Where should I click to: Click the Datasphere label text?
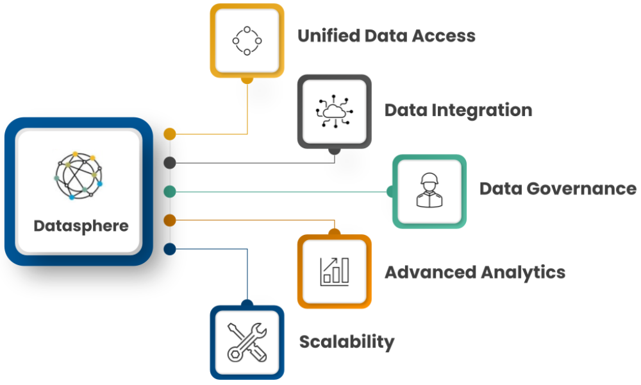coord(81,226)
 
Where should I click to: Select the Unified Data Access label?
coord(386,35)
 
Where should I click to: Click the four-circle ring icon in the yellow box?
coord(247,40)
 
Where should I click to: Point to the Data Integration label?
coord(458,110)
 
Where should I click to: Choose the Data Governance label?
coord(558,189)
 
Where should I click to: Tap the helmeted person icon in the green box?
coord(429,191)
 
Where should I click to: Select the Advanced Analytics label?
coord(474,272)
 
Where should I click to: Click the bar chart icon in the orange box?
coord(334,271)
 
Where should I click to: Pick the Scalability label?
coord(346,342)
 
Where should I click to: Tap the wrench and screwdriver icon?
coord(247,342)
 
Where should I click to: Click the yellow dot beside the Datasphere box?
coord(170,134)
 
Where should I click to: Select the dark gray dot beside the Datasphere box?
coord(170,162)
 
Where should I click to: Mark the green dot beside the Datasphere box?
coord(170,191)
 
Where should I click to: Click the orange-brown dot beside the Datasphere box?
coord(170,220)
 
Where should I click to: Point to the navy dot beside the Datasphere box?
coord(170,249)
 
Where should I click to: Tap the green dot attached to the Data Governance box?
coord(391,191)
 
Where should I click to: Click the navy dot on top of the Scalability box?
coord(247,304)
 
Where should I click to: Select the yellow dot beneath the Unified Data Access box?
coord(247,80)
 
